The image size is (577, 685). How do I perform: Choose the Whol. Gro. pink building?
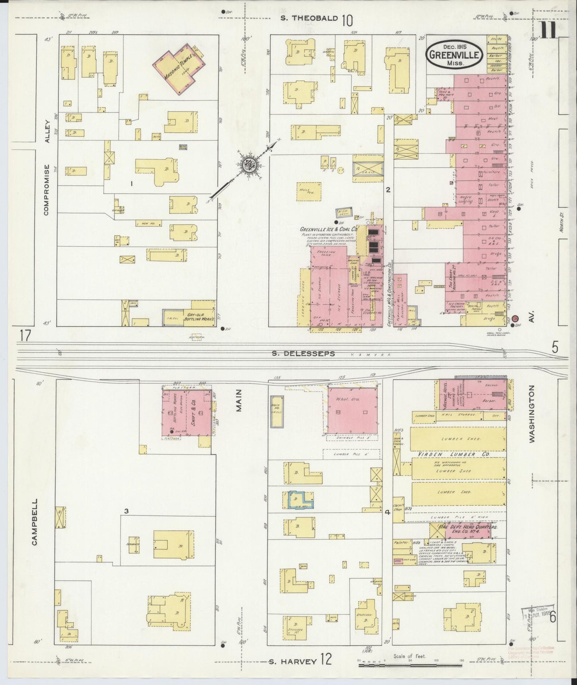[351, 410]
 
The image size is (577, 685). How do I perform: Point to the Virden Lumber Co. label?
[446, 454]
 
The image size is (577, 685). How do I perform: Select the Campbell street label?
[35, 522]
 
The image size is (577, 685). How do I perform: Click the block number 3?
[126, 510]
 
